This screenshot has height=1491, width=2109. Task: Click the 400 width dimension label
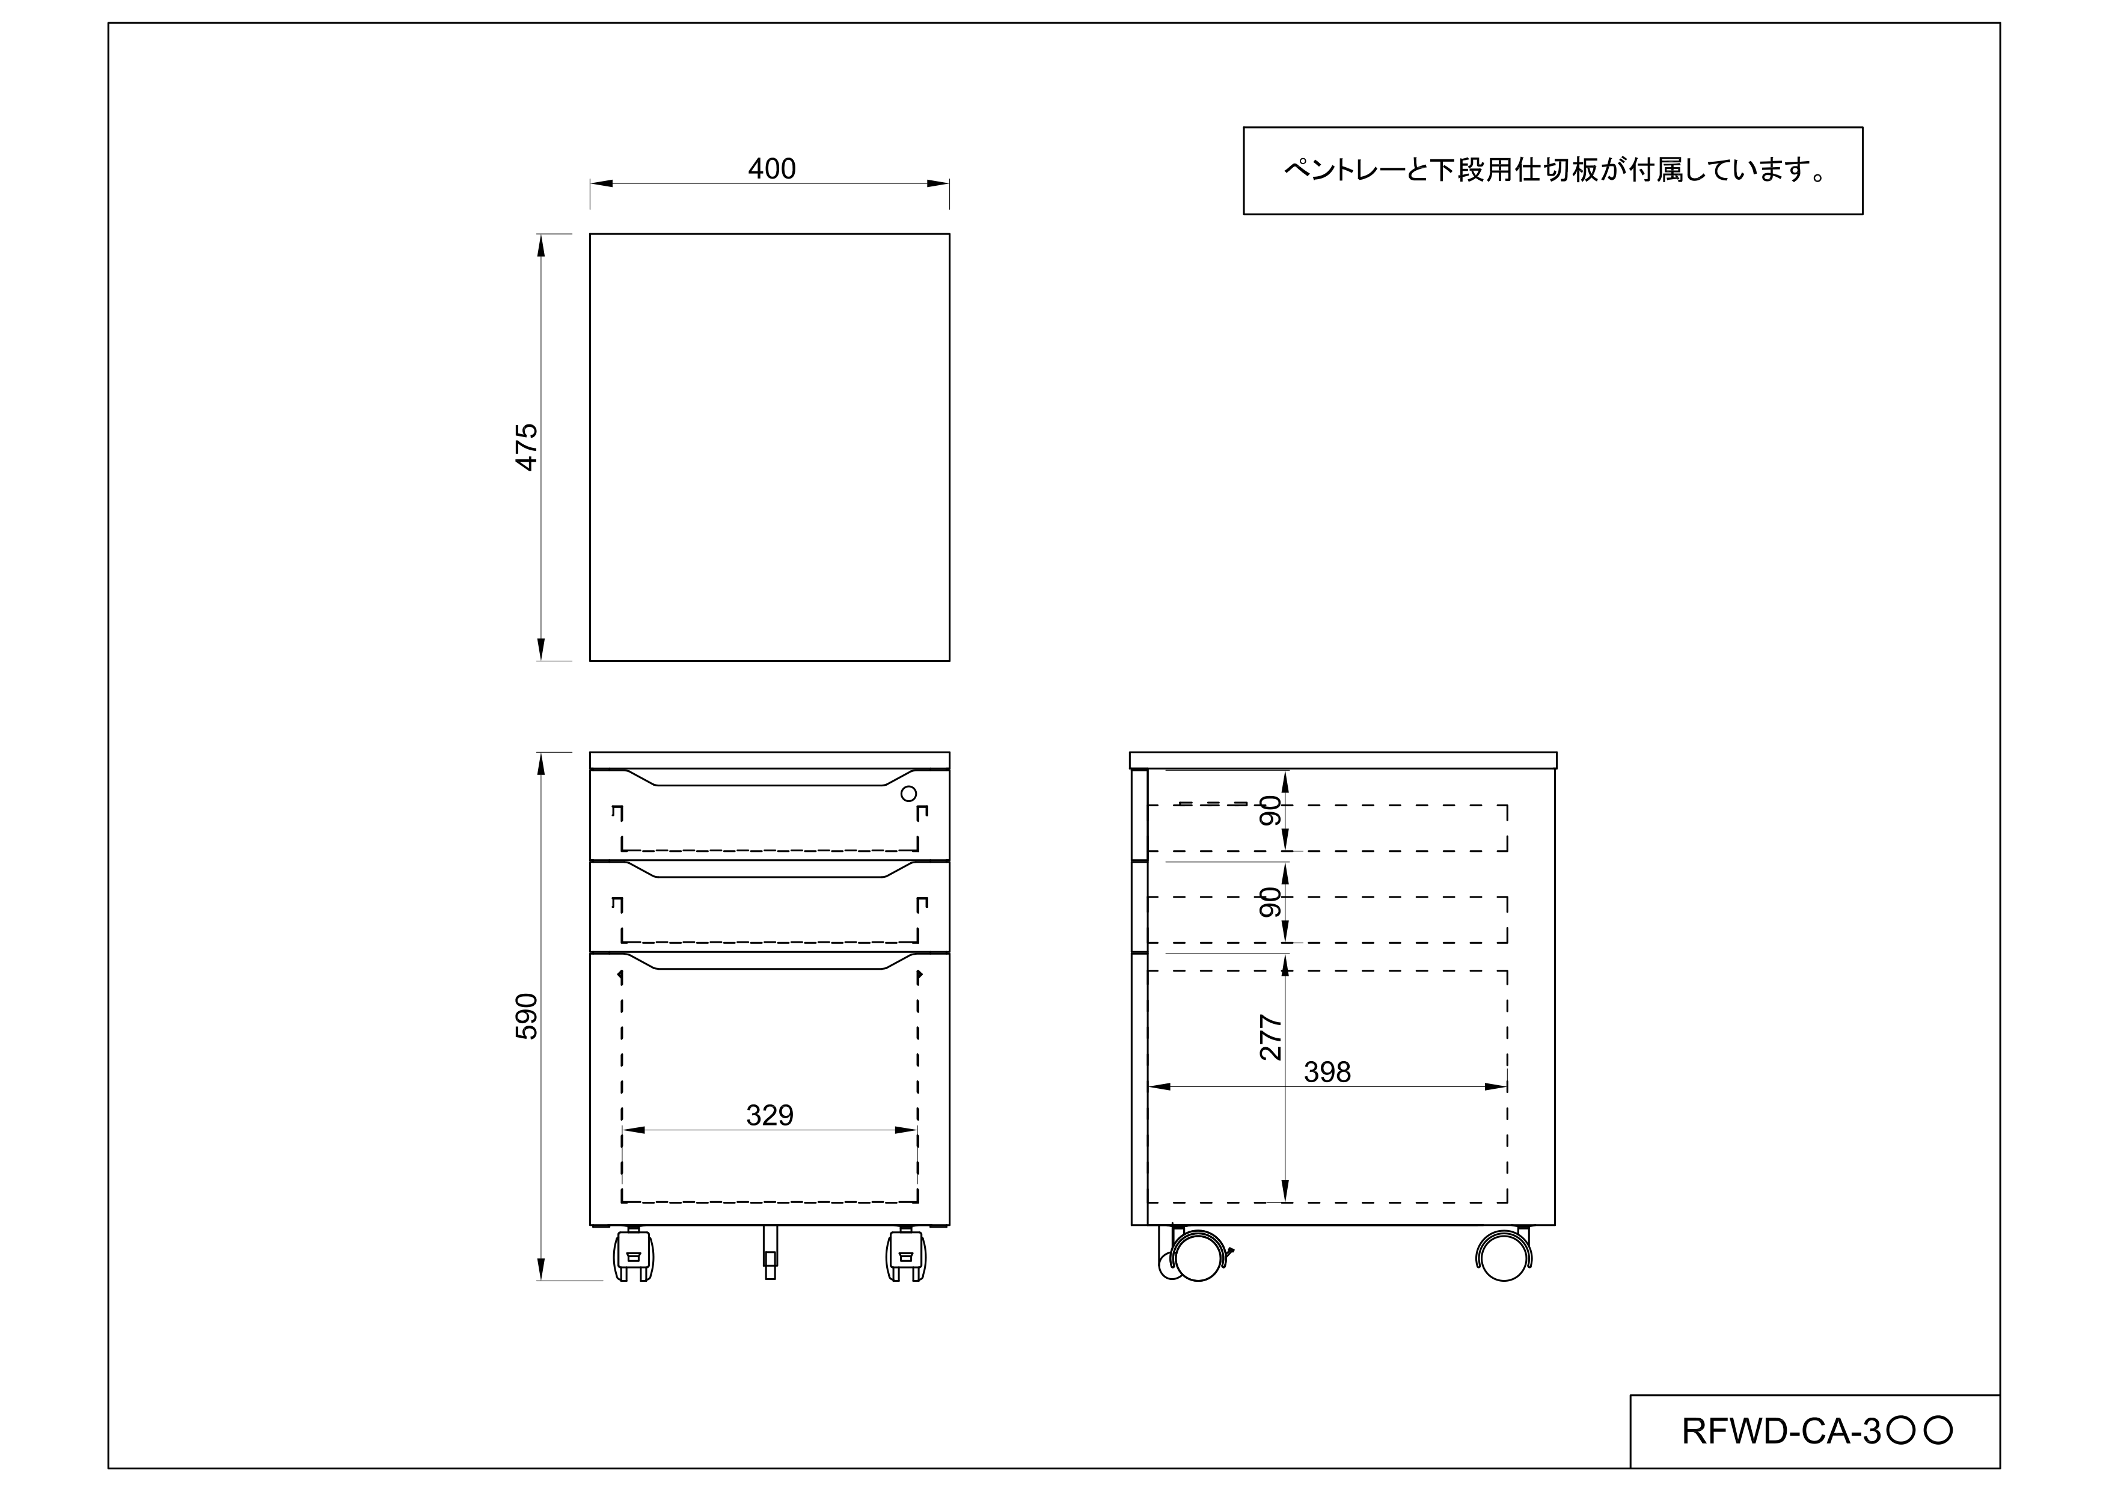click(x=771, y=169)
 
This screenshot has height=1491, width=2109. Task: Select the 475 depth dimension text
click(x=526, y=447)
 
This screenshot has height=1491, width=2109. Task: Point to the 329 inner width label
click(x=769, y=1115)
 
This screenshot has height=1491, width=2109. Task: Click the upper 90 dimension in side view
click(x=1270, y=810)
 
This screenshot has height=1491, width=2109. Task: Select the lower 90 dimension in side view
click(x=1270, y=902)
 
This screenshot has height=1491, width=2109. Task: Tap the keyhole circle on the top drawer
click(x=908, y=794)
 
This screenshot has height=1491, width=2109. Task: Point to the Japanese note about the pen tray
click(x=1552, y=171)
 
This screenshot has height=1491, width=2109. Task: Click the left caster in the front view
click(x=633, y=1256)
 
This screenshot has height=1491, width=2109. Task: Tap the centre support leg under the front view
click(x=770, y=1253)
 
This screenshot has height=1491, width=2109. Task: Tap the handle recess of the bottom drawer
click(x=770, y=962)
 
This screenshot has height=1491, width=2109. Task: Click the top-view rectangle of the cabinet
click(x=769, y=447)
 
